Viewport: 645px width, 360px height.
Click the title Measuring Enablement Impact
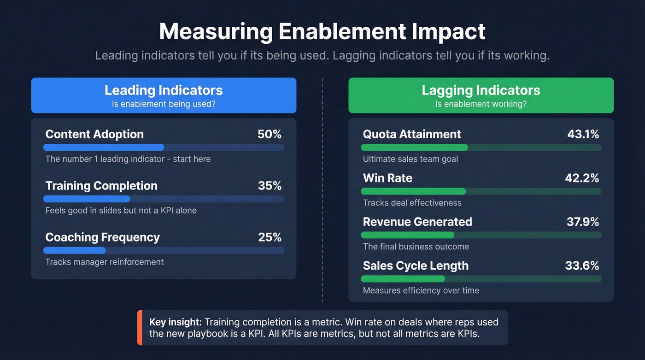[322, 31]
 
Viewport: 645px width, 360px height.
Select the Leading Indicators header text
[164, 90]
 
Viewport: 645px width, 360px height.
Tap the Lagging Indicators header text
[481, 90]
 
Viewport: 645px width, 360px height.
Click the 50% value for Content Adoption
[269, 134]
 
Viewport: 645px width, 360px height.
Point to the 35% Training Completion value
[269, 186]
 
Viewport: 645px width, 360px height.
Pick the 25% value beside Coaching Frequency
[269, 237]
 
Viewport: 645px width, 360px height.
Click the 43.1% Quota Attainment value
[583, 134]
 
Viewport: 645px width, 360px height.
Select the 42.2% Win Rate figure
[582, 178]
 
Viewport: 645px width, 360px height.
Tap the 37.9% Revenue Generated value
[583, 222]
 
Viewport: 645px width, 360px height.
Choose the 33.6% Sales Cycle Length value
[582, 266]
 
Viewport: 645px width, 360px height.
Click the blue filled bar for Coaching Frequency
[74, 250]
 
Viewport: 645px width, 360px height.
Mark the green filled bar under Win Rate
[413, 191]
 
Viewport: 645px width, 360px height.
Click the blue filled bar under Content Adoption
[104, 148]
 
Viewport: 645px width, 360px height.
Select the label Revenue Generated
[417, 222]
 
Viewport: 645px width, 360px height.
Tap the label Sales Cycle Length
[416, 266]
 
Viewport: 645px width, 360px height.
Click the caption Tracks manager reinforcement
[105, 262]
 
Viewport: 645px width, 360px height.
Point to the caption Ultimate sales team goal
[410, 159]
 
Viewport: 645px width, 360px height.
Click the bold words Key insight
[175, 322]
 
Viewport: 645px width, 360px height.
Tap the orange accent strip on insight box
[140, 328]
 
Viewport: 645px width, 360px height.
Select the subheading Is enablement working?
[481, 104]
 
